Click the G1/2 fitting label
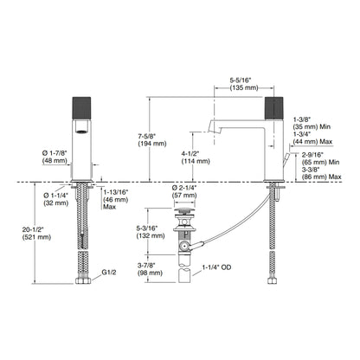coord(109,273)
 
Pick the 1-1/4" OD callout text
coord(216,267)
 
